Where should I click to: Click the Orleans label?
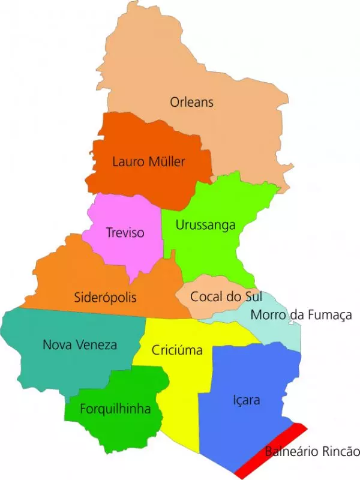pos(191,102)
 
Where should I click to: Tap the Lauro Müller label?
pos(149,161)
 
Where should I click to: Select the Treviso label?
pos(125,232)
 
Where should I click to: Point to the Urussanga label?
pos(206,225)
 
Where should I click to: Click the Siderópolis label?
pos(106,297)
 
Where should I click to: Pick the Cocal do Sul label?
pos(218,296)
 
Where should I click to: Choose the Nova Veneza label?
pos(80,344)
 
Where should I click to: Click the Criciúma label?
pos(177,350)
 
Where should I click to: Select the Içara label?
pos(246,399)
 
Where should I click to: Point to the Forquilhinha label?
pos(115,409)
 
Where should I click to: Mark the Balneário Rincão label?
pos(312,452)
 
